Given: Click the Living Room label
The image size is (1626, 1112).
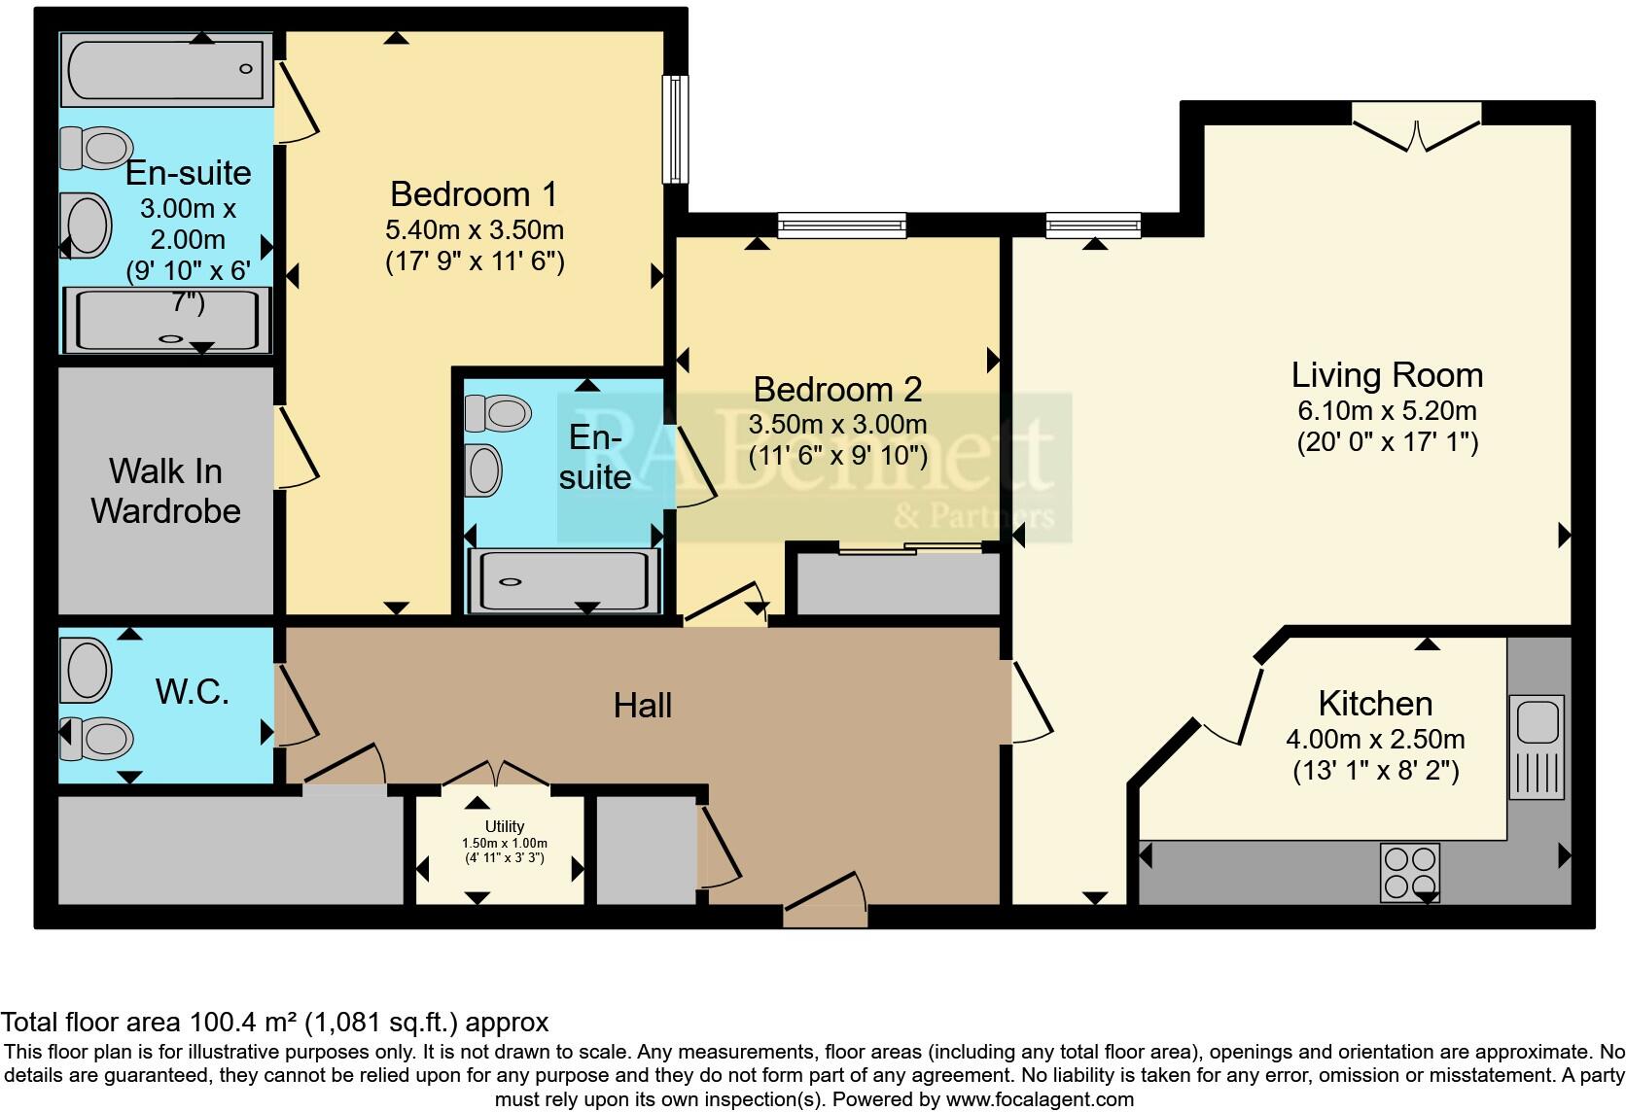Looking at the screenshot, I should [x=1387, y=375].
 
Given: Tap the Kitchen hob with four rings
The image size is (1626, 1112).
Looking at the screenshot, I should [x=1410, y=872].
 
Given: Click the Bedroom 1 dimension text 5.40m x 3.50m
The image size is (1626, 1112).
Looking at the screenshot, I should [x=475, y=230].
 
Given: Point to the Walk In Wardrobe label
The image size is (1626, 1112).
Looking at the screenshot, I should [x=165, y=491].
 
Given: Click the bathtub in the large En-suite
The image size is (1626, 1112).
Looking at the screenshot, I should [x=165, y=69].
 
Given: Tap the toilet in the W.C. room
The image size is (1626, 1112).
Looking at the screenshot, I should [x=97, y=739].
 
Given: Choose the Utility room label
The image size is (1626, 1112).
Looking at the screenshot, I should [x=505, y=826].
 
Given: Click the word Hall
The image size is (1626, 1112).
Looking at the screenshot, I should [x=642, y=706].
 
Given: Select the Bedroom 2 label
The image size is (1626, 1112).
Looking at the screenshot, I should [x=837, y=390].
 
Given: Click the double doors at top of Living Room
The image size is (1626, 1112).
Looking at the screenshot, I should [x=1416, y=132].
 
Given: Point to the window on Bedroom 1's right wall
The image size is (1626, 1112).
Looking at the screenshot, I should [x=675, y=129].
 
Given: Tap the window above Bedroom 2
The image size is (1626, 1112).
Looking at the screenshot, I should [x=841, y=226].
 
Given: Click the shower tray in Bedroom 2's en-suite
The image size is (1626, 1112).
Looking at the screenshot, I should [x=562, y=581].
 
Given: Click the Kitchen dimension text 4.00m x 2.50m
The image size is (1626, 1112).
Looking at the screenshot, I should [x=1375, y=739].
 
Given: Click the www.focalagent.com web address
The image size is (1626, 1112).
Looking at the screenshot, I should [x=1040, y=1099].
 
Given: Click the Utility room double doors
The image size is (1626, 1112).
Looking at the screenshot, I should [x=496, y=773].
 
